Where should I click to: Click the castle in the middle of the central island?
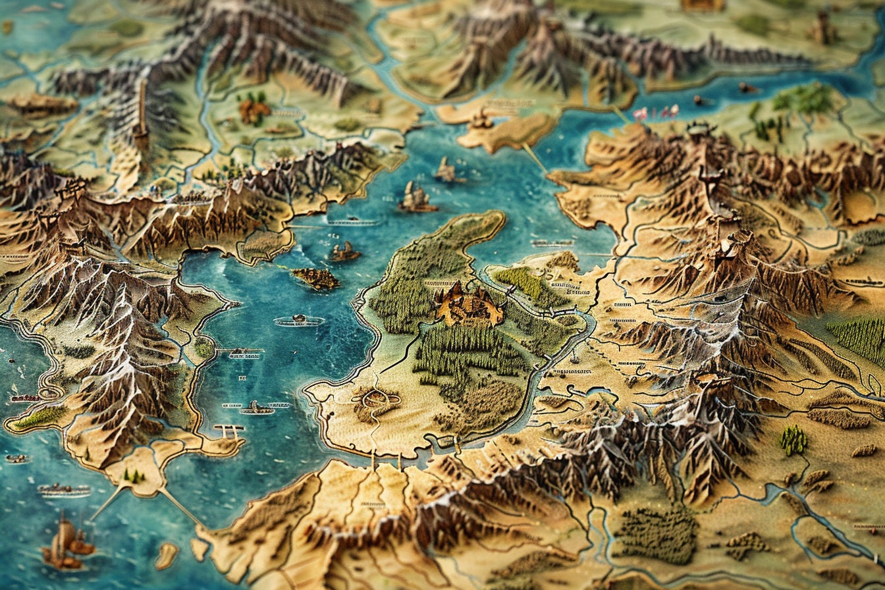(x=468, y=304)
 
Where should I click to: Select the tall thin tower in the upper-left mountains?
(x=140, y=115)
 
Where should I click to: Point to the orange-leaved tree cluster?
(x=253, y=110)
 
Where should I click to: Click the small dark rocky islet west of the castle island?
(x=316, y=279)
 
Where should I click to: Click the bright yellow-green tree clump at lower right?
(x=793, y=440)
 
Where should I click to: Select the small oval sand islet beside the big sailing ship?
(x=166, y=554)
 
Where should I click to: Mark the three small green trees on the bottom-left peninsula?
(x=134, y=475)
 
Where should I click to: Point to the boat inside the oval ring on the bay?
(x=300, y=321)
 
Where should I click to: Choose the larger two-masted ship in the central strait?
(x=416, y=198)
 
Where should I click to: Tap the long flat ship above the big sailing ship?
(x=64, y=490)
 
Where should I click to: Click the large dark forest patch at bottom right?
(x=657, y=534)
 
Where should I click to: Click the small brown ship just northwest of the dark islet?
(x=344, y=252)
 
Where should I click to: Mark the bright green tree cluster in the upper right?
(x=804, y=98)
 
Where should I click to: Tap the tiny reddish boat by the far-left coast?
(x=24, y=398)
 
